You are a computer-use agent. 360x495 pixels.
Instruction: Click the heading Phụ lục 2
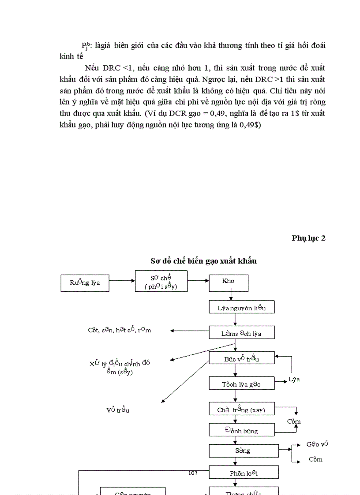(308, 238)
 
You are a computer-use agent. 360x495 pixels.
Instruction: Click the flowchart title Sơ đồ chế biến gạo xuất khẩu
(203, 261)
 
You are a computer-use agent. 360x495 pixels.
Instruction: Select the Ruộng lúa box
(85, 283)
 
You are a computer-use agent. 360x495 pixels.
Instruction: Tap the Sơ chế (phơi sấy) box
(161, 281)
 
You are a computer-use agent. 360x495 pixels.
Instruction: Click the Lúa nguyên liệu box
(242, 307)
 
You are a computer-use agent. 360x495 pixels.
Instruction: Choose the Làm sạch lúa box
(242, 333)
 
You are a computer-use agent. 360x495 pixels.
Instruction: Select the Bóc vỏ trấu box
(242, 358)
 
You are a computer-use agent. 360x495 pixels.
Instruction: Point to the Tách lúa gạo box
(242, 383)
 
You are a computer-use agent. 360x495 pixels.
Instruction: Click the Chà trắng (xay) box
(242, 409)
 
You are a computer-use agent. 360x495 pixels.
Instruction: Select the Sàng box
(244, 450)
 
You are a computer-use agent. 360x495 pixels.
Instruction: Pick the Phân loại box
(244, 473)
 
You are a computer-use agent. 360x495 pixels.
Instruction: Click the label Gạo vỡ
(317, 444)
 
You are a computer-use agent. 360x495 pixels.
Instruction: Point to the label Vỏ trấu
(117, 409)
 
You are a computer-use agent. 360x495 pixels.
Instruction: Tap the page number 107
(193, 473)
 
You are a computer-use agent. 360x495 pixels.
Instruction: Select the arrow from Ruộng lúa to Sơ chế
(122, 280)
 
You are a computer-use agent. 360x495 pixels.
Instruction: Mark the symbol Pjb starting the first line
(86, 45)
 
